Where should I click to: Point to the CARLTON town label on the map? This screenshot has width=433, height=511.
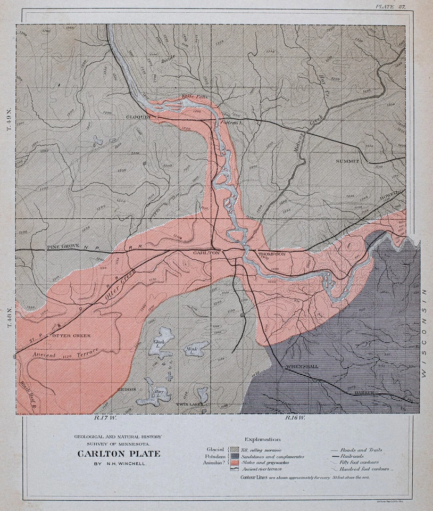tap(207, 253)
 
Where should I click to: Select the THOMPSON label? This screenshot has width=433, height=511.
tap(272, 254)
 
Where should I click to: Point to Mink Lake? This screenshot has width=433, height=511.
tap(190, 350)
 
